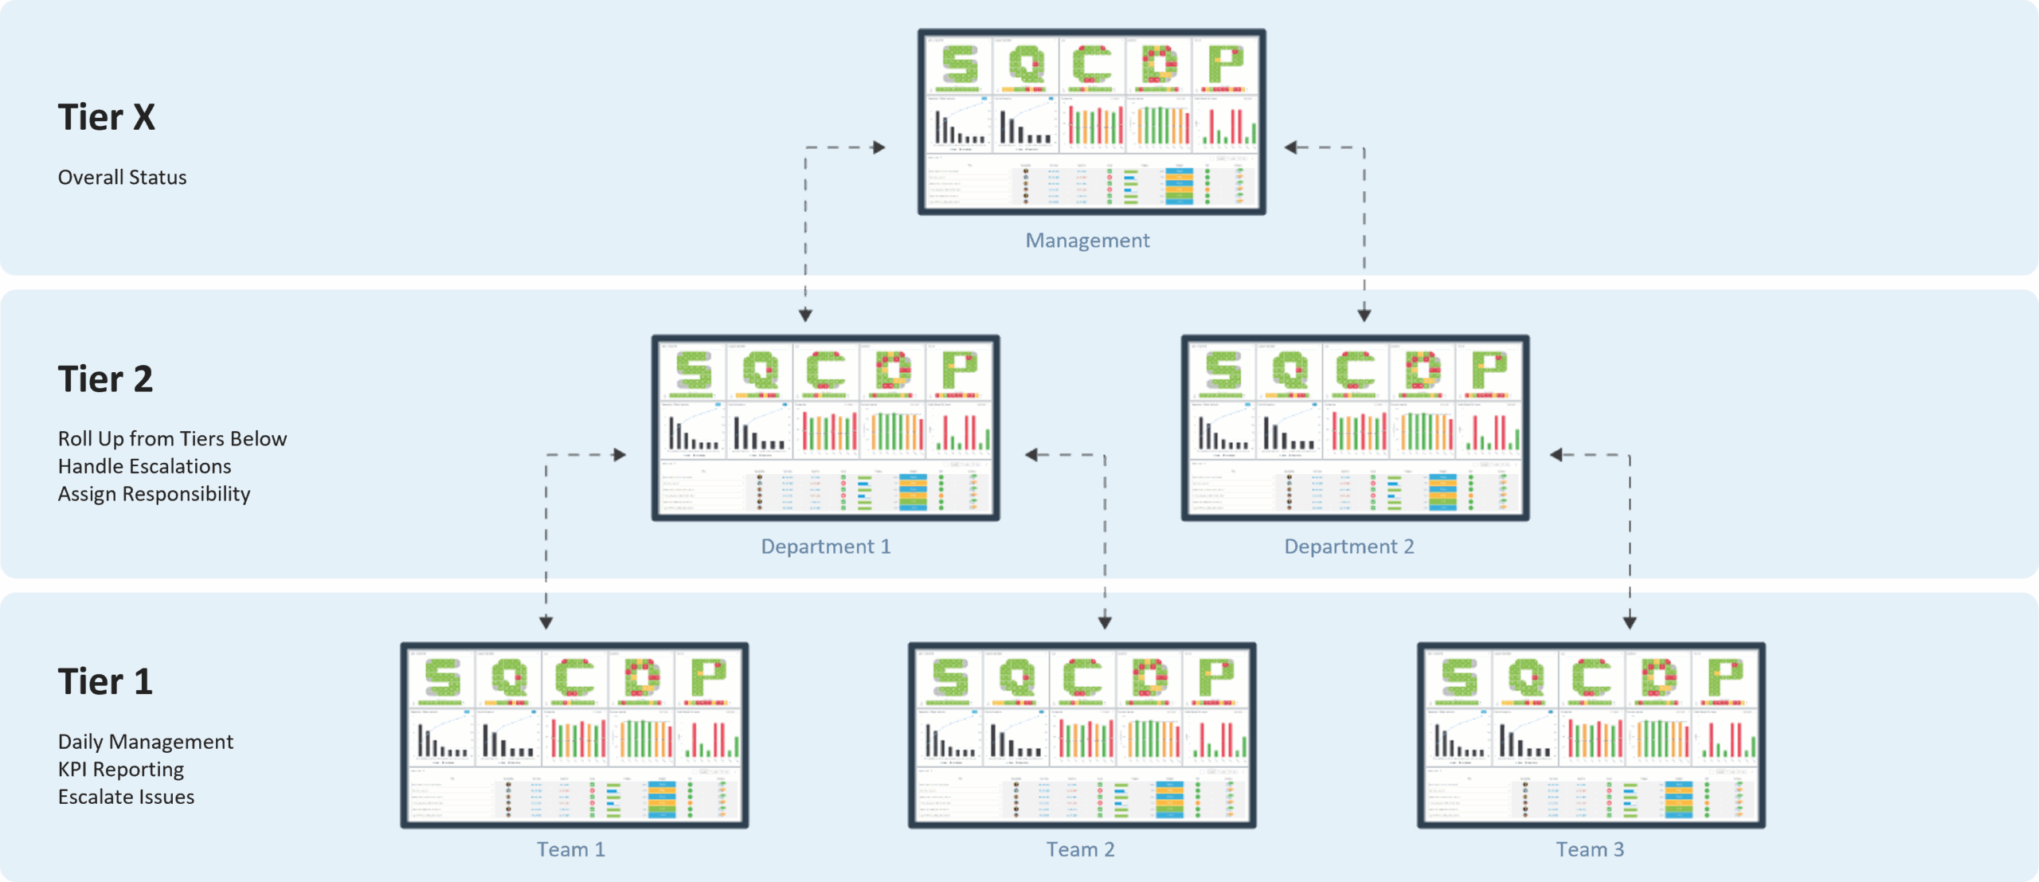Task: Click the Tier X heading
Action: point(107,118)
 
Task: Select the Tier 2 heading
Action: point(105,379)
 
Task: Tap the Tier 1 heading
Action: point(105,682)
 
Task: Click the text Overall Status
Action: point(122,178)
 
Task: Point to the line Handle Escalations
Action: point(144,467)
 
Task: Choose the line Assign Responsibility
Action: point(154,495)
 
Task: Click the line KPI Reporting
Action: point(120,770)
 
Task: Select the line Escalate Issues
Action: point(126,798)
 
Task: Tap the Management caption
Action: point(1087,241)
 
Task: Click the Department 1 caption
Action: point(825,547)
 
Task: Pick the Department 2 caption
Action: point(1349,547)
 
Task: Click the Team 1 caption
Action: point(571,849)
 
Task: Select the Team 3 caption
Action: point(1590,849)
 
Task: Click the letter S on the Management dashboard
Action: point(960,65)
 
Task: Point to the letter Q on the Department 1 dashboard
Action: point(760,370)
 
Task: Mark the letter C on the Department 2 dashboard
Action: point(1356,370)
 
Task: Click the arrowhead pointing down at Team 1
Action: point(546,622)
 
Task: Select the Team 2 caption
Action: point(1080,849)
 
